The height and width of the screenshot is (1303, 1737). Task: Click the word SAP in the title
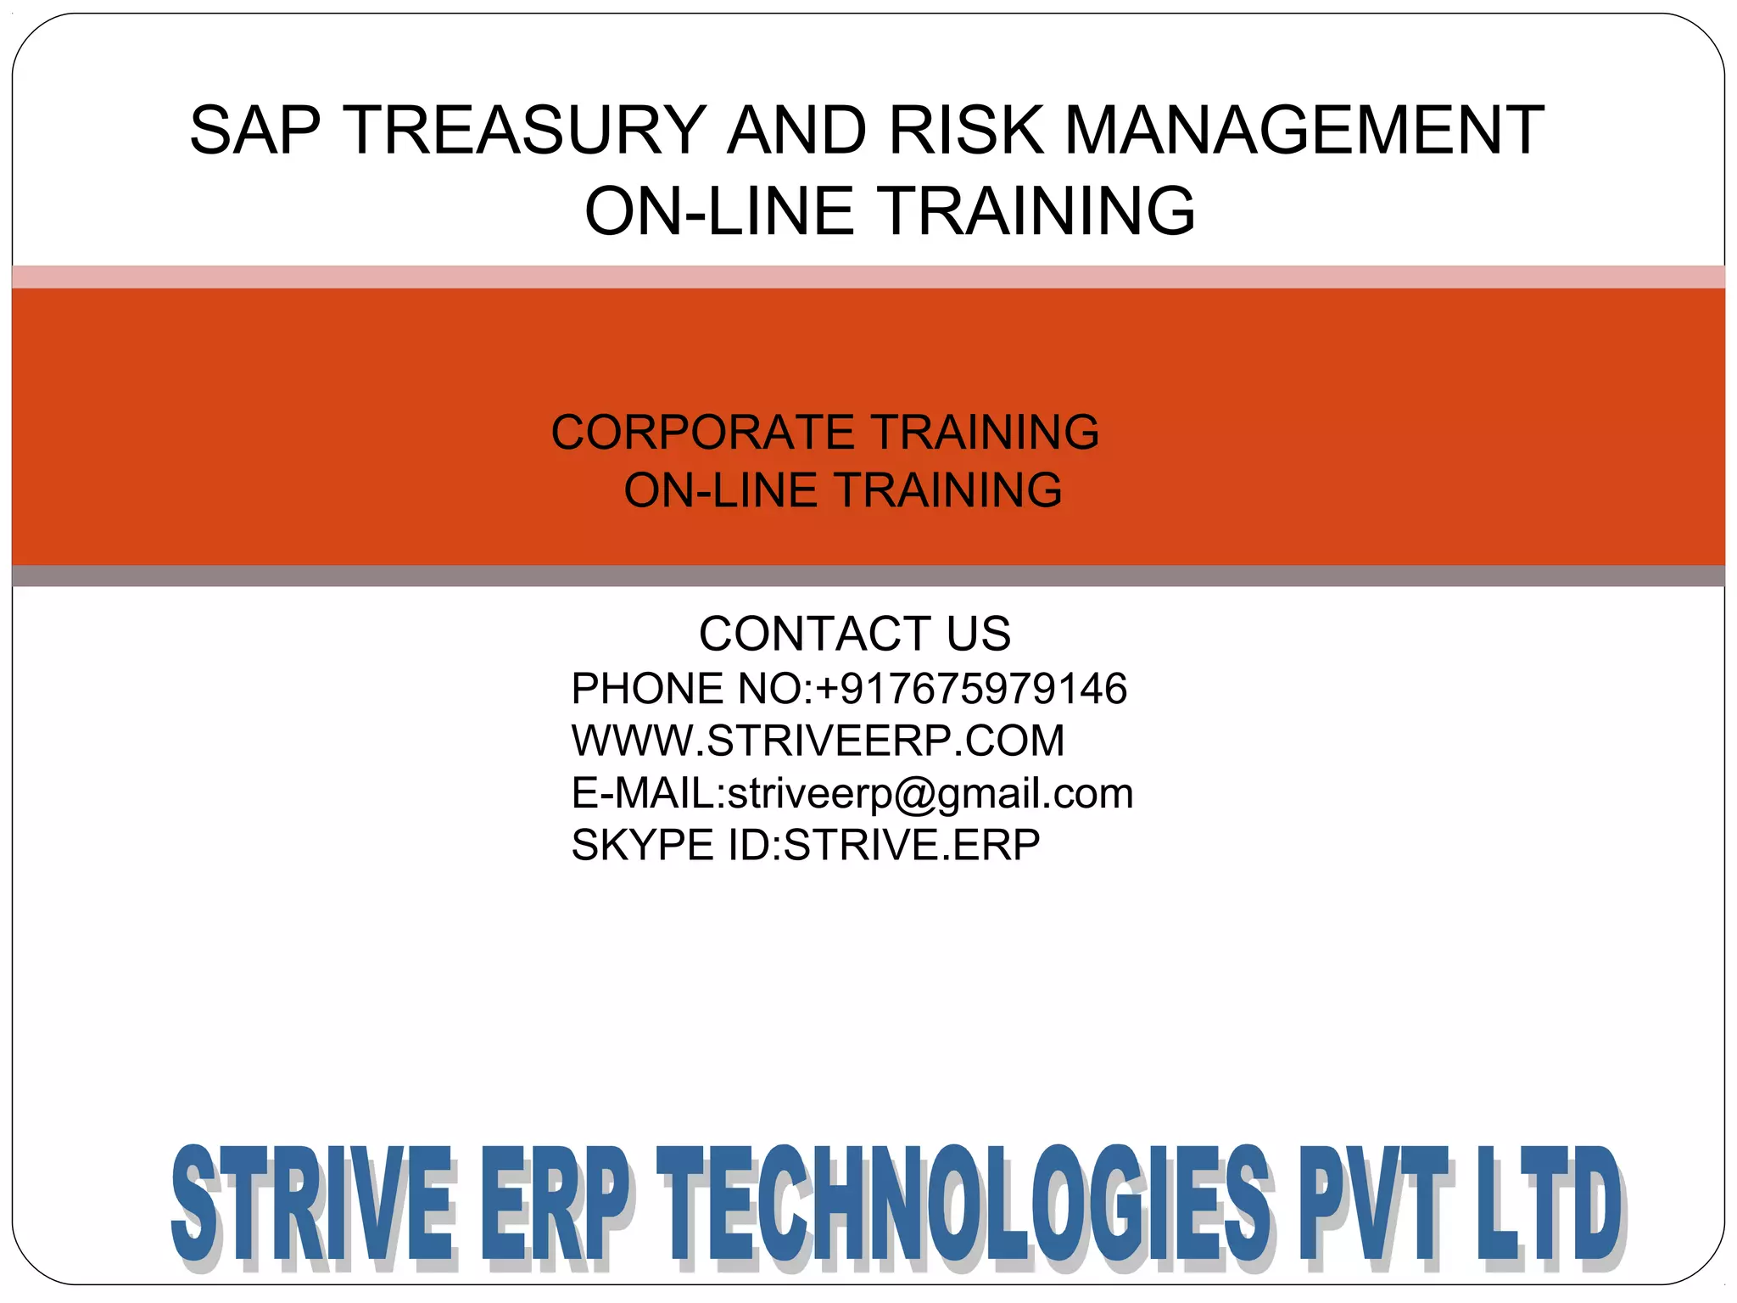pos(255,131)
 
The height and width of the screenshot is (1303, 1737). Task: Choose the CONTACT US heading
pos(855,634)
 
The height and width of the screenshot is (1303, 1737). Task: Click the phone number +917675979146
pos(971,688)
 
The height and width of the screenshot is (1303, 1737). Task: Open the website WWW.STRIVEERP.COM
pos(818,741)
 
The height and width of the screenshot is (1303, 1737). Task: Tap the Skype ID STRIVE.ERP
pos(912,845)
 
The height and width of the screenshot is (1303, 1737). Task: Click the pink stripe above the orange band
pos(868,277)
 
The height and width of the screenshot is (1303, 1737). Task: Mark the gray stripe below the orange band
pos(868,576)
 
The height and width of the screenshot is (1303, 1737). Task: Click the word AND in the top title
pos(797,131)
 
